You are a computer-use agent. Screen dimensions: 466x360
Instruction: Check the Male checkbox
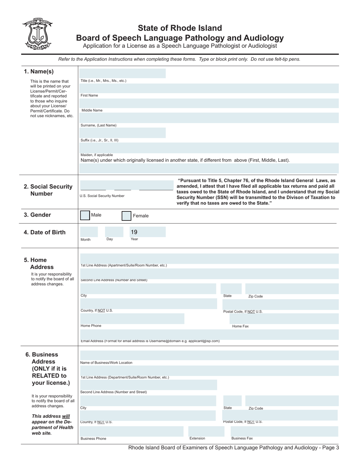(x=85, y=215)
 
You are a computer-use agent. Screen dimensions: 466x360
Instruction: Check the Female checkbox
(x=126, y=216)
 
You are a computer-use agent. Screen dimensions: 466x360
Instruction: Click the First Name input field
(x=209, y=88)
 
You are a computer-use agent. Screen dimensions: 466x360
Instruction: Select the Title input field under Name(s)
(x=123, y=73)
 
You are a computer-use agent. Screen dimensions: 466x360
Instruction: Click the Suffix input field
(x=123, y=133)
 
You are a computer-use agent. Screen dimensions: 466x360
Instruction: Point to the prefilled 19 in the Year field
(x=134, y=232)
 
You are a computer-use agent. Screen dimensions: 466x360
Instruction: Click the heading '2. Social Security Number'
(x=48, y=190)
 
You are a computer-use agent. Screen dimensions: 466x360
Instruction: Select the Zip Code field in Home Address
(x=292, y=289)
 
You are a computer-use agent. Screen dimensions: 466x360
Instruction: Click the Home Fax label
(x=240, y=326)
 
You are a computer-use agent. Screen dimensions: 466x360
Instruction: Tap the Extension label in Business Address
(x=197, y=438)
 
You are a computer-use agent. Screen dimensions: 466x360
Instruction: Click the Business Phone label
(x=93, y=439)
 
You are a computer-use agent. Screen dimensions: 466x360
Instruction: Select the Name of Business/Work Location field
(x=209, y=355)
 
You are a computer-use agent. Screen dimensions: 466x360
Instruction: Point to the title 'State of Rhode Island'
(x=180, y=28)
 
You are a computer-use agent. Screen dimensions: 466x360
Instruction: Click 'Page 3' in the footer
(x=330, y=448)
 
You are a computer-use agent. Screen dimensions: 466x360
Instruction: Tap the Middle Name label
(x=92, y=111)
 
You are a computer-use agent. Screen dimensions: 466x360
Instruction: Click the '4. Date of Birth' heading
(x=45, y=232)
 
